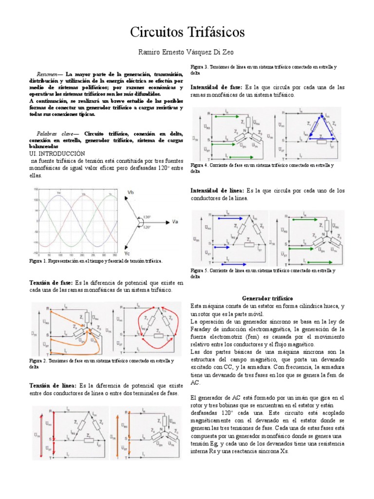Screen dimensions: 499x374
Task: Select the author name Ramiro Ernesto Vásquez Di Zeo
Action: (187, 53)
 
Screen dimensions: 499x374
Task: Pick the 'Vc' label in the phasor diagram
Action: (127, 253)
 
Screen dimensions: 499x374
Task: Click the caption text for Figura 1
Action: (95, 261)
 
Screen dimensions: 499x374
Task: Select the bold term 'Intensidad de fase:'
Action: (216, 87)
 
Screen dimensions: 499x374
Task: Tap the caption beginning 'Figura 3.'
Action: (263, 69)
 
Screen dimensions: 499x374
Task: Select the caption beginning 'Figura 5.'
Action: (263, 272)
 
